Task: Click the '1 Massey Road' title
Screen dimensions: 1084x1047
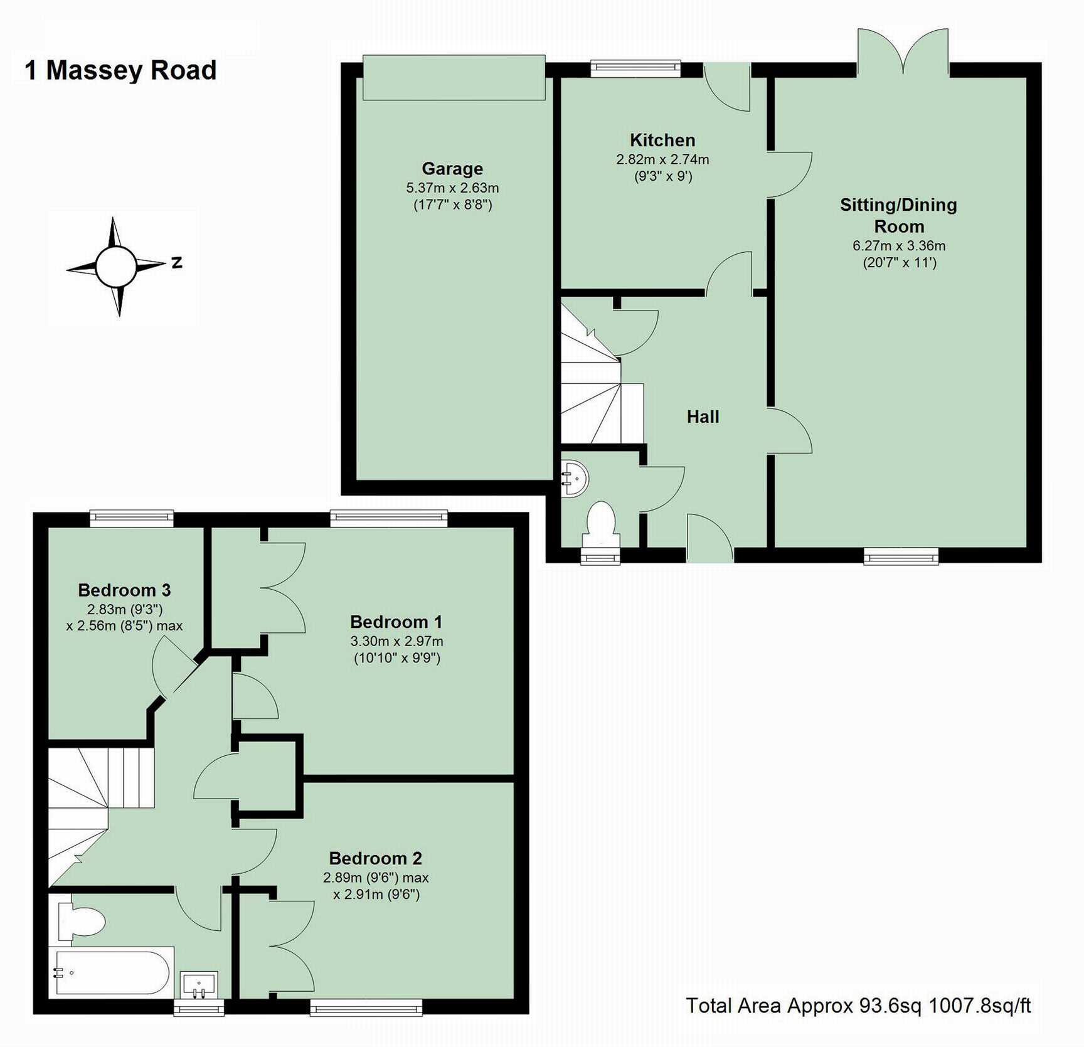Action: (x=120, y=70)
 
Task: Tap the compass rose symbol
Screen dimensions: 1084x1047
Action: (x=117, y=266)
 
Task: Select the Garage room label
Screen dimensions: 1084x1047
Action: (x=452, y=169)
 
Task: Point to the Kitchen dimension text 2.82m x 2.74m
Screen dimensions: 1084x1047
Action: (x=662, y=159)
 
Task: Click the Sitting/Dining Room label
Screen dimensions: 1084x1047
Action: (x=898, y=215)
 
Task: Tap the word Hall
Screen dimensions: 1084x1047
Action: (x=703, y=417)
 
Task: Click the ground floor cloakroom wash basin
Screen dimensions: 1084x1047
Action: (x=574, y=479)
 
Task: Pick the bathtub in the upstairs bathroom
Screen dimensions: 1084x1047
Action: (x=112, y=972)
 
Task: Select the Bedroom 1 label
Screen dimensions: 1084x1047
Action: (x=396, y=622)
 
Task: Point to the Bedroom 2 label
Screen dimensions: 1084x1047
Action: (x=375, y=858)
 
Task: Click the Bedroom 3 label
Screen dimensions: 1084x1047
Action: (x=124, y=590)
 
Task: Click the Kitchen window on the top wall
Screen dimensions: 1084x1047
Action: (x=635, y=68)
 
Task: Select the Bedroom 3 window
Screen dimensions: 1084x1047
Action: (x=131, y=518)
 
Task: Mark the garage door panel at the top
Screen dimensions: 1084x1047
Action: (x=454, y=78)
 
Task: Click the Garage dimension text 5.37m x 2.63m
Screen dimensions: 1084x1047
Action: (x=452, y=188)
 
